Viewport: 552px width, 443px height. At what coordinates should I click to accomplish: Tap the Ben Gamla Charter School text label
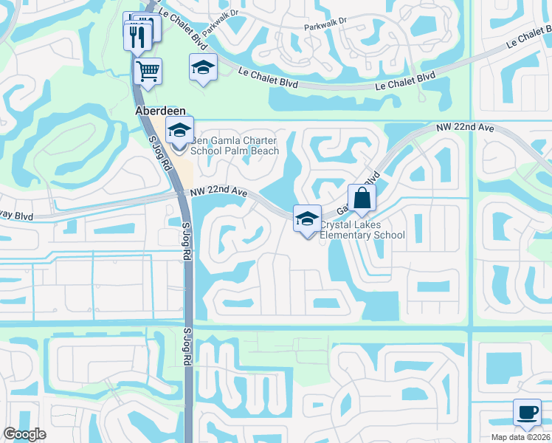(x=235, y=145)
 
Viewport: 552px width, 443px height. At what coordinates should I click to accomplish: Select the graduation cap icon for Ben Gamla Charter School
(x=179, y=131)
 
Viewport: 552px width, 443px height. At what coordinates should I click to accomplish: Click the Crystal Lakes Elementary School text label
(x=362, y=230)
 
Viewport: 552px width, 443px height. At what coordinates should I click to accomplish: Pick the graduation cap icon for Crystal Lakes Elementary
(x=308, y=219)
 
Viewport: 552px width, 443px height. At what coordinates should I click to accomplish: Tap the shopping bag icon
(x=362, y=198)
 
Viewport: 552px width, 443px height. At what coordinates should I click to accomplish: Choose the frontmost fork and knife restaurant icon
(x=138, y=36)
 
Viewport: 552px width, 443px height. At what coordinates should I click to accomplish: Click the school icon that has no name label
(x=203, y=68)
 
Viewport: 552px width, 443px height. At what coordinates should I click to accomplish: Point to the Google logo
(x=24, y=434)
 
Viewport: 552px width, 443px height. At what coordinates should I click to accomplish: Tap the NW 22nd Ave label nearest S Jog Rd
(x=218, y=192)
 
